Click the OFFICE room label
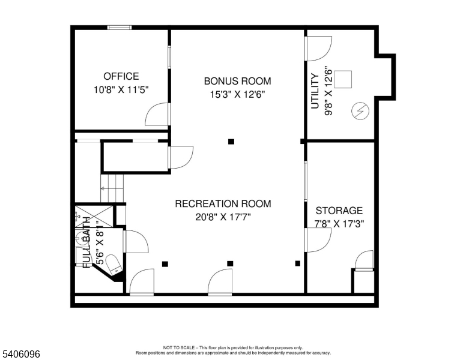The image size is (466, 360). (x=121, y=76)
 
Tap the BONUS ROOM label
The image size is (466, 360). (x=237, y=81)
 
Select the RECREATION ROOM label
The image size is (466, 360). (x=223, y=204)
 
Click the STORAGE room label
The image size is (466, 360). (x=339, y=211)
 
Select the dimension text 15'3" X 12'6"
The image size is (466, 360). (x=237, y=94)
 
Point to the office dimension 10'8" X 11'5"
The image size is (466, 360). (x=121, y=89)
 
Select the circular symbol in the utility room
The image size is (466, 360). (x=361, y=111)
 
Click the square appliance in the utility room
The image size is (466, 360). (x=343, y=79)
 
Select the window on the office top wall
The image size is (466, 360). (x=120, y=27)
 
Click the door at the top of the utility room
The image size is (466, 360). (x=318, y=48)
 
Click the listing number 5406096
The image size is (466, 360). (x=21, y=355)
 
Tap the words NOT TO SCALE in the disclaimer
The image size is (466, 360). (x=178, y=347)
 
